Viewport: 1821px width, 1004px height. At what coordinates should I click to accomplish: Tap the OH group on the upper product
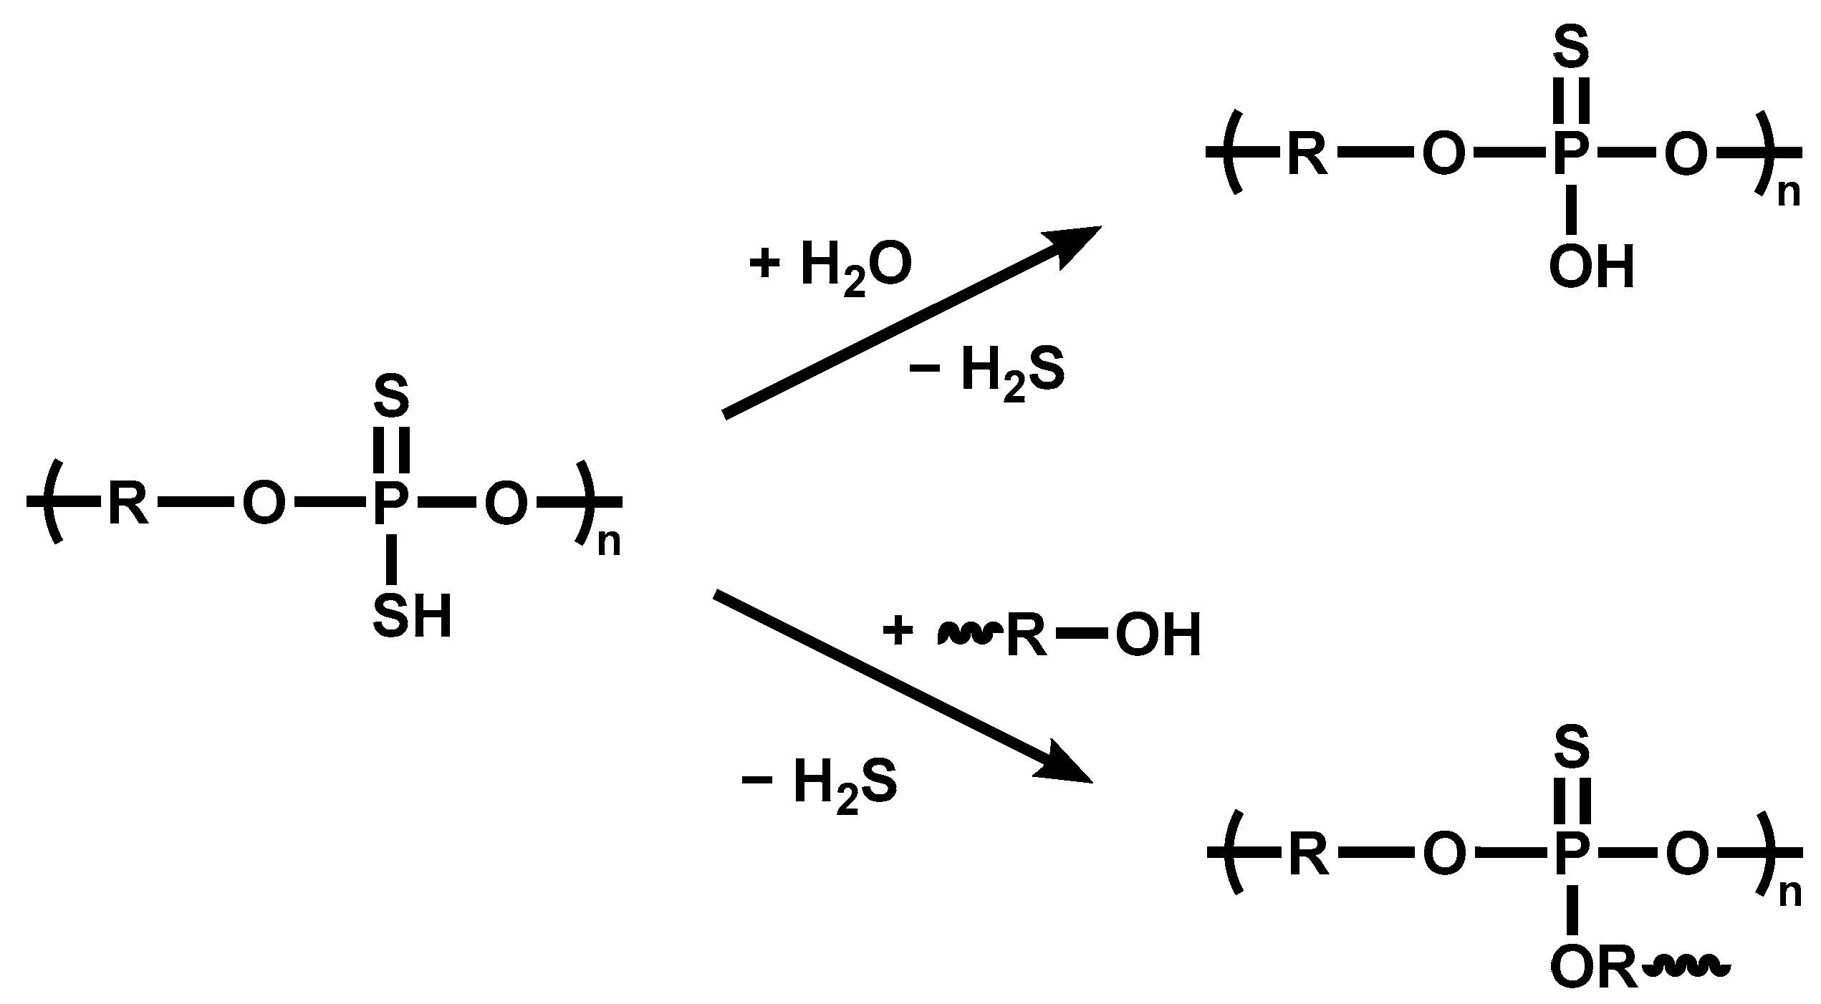tap(1592, 268)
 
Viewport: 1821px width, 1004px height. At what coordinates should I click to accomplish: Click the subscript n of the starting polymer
tap(609, 543)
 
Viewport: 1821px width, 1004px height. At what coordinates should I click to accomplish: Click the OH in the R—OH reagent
tap(1158, 634)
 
